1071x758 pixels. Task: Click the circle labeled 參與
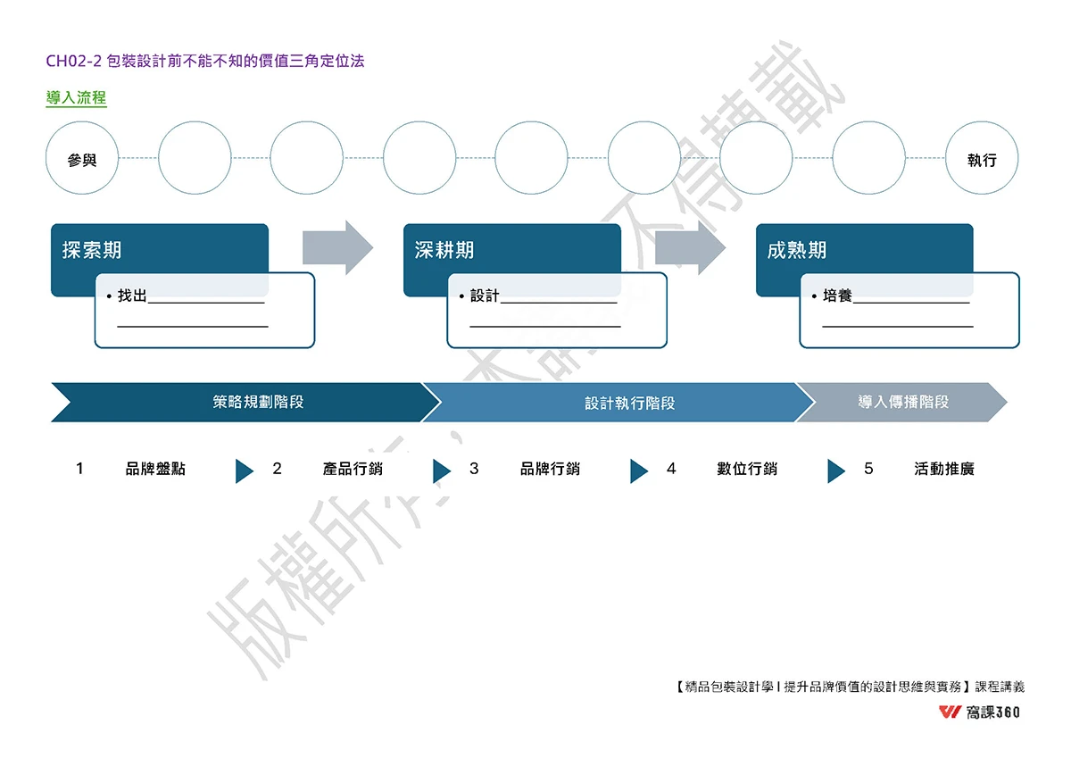click(82, 159)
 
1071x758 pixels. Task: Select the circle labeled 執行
click(981, 159)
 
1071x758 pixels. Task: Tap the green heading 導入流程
click(76, 98)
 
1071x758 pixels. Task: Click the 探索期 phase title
click(92, 250)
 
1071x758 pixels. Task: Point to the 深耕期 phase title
click(444, 250)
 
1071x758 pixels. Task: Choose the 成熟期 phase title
click(797, 250)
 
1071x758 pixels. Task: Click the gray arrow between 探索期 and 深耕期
click(337, 247)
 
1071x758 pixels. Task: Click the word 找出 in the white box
click(132, 296)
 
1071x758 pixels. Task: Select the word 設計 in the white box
click(485, 296)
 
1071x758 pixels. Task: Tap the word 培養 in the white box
click(837, 296)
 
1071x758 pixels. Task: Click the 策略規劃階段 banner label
click(258, 402)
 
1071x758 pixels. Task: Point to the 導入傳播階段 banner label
click(903, 402)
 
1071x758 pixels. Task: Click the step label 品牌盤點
click(155, 469)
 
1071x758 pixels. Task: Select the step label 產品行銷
click(353, 469)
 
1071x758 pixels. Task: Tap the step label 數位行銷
click(747, 469)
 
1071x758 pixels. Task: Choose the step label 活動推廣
click(944, 469)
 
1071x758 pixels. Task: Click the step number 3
click(474, 469)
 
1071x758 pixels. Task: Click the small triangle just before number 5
click(835, 471)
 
